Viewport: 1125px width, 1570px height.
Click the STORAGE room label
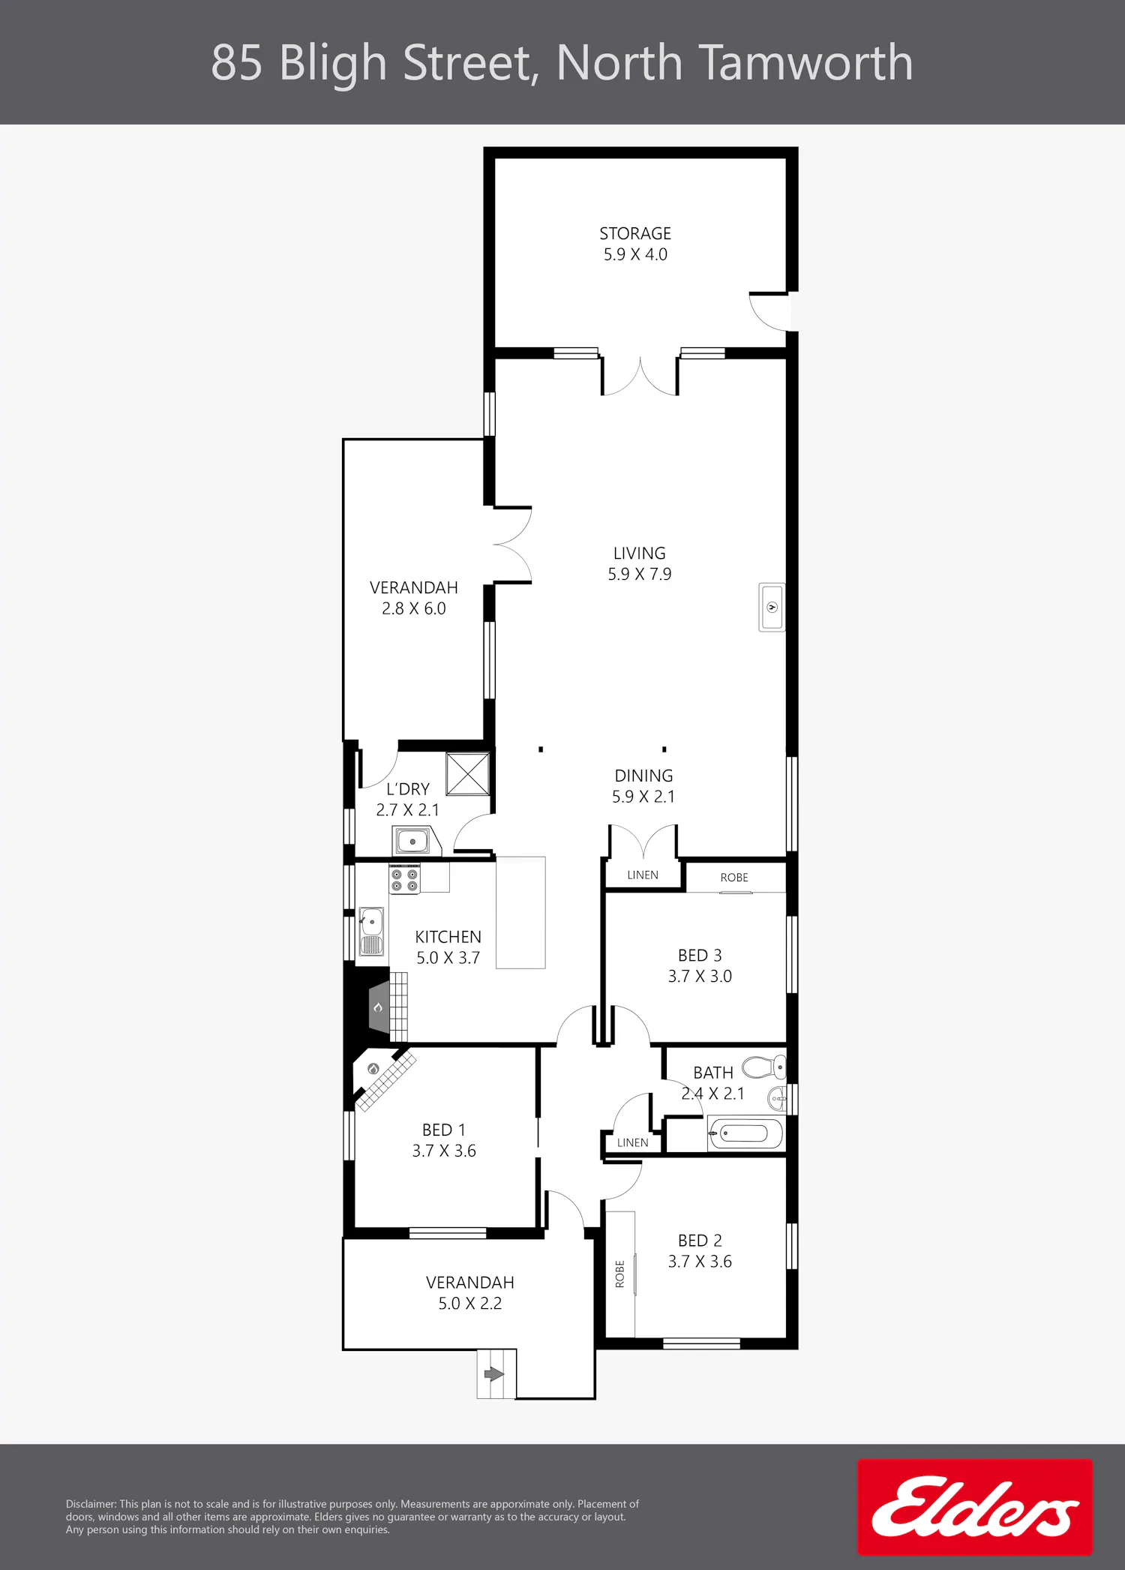pos(635,234)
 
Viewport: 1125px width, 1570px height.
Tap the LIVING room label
pos(640,554)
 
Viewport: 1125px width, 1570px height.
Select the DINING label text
pos(643,776)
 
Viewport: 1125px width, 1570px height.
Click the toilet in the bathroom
pos(764,1067)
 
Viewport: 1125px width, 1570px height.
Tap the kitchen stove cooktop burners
pos(404,879)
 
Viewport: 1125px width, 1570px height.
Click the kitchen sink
pos(371,931)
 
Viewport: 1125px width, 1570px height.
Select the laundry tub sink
pos(412,841)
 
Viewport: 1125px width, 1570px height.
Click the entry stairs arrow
pos(494,1373)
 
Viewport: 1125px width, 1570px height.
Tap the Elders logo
pos(975,1507)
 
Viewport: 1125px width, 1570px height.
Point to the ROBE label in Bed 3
pos(734,878)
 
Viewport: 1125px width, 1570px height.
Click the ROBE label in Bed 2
pos(619,1274)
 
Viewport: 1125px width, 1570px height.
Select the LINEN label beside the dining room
pos(643,875)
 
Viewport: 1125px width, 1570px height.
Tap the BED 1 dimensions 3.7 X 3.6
pos(444,1151)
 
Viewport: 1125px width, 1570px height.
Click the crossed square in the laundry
pos(468,773)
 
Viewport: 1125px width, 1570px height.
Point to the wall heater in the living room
pos(772,607)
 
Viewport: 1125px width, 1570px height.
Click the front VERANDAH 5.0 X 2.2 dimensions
pos(470,1304)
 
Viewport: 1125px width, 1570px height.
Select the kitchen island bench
pos(520,913)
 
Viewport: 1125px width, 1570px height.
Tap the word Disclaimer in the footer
pos(91,1504)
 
